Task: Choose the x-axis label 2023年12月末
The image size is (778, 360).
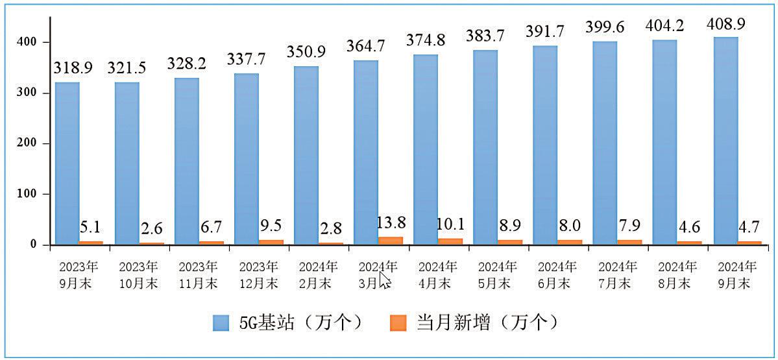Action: click(259, 275)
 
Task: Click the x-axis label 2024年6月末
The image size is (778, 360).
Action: click(557, 275)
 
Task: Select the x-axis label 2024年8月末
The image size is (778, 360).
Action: click(677, 275)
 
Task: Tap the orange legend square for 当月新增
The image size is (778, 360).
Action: click(398, 322)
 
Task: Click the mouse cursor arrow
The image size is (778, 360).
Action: click(384, 280)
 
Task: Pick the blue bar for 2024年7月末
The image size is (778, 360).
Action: click(605, 143)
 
